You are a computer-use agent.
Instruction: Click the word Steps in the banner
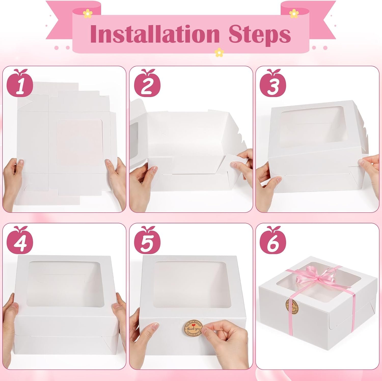pyautogui.click(x=260, y=34)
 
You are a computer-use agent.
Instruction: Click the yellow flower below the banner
pyautogui.click(x=218, y=53)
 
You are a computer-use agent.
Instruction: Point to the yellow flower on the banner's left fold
pyautogui.click(x=88, y=14)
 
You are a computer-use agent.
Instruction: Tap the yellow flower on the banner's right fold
pyautogui.click(x=294, y=13)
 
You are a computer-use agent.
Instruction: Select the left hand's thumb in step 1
pyautogui.click(x=20, y=163)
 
